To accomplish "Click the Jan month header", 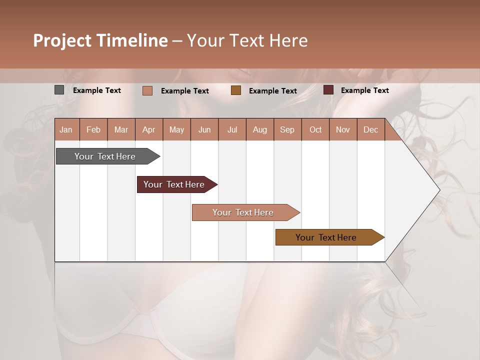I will point(66,129).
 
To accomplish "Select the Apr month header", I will point(149,129).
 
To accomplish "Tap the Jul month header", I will point(232,129).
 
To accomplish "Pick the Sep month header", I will point(287,129).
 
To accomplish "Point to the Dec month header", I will point(370,129).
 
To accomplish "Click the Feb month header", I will point(93,129).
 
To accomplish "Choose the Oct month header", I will point(315,129).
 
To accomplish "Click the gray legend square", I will point(59,90).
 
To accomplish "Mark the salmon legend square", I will point(147,90).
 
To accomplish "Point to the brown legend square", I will point(236,90).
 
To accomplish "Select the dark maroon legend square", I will point(328,90).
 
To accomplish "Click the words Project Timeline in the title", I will point(100,40).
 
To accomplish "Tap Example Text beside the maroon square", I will point(364,90).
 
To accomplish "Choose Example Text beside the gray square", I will point(97,90).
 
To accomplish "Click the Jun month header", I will point(204,129).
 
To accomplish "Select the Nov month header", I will point(343,129).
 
